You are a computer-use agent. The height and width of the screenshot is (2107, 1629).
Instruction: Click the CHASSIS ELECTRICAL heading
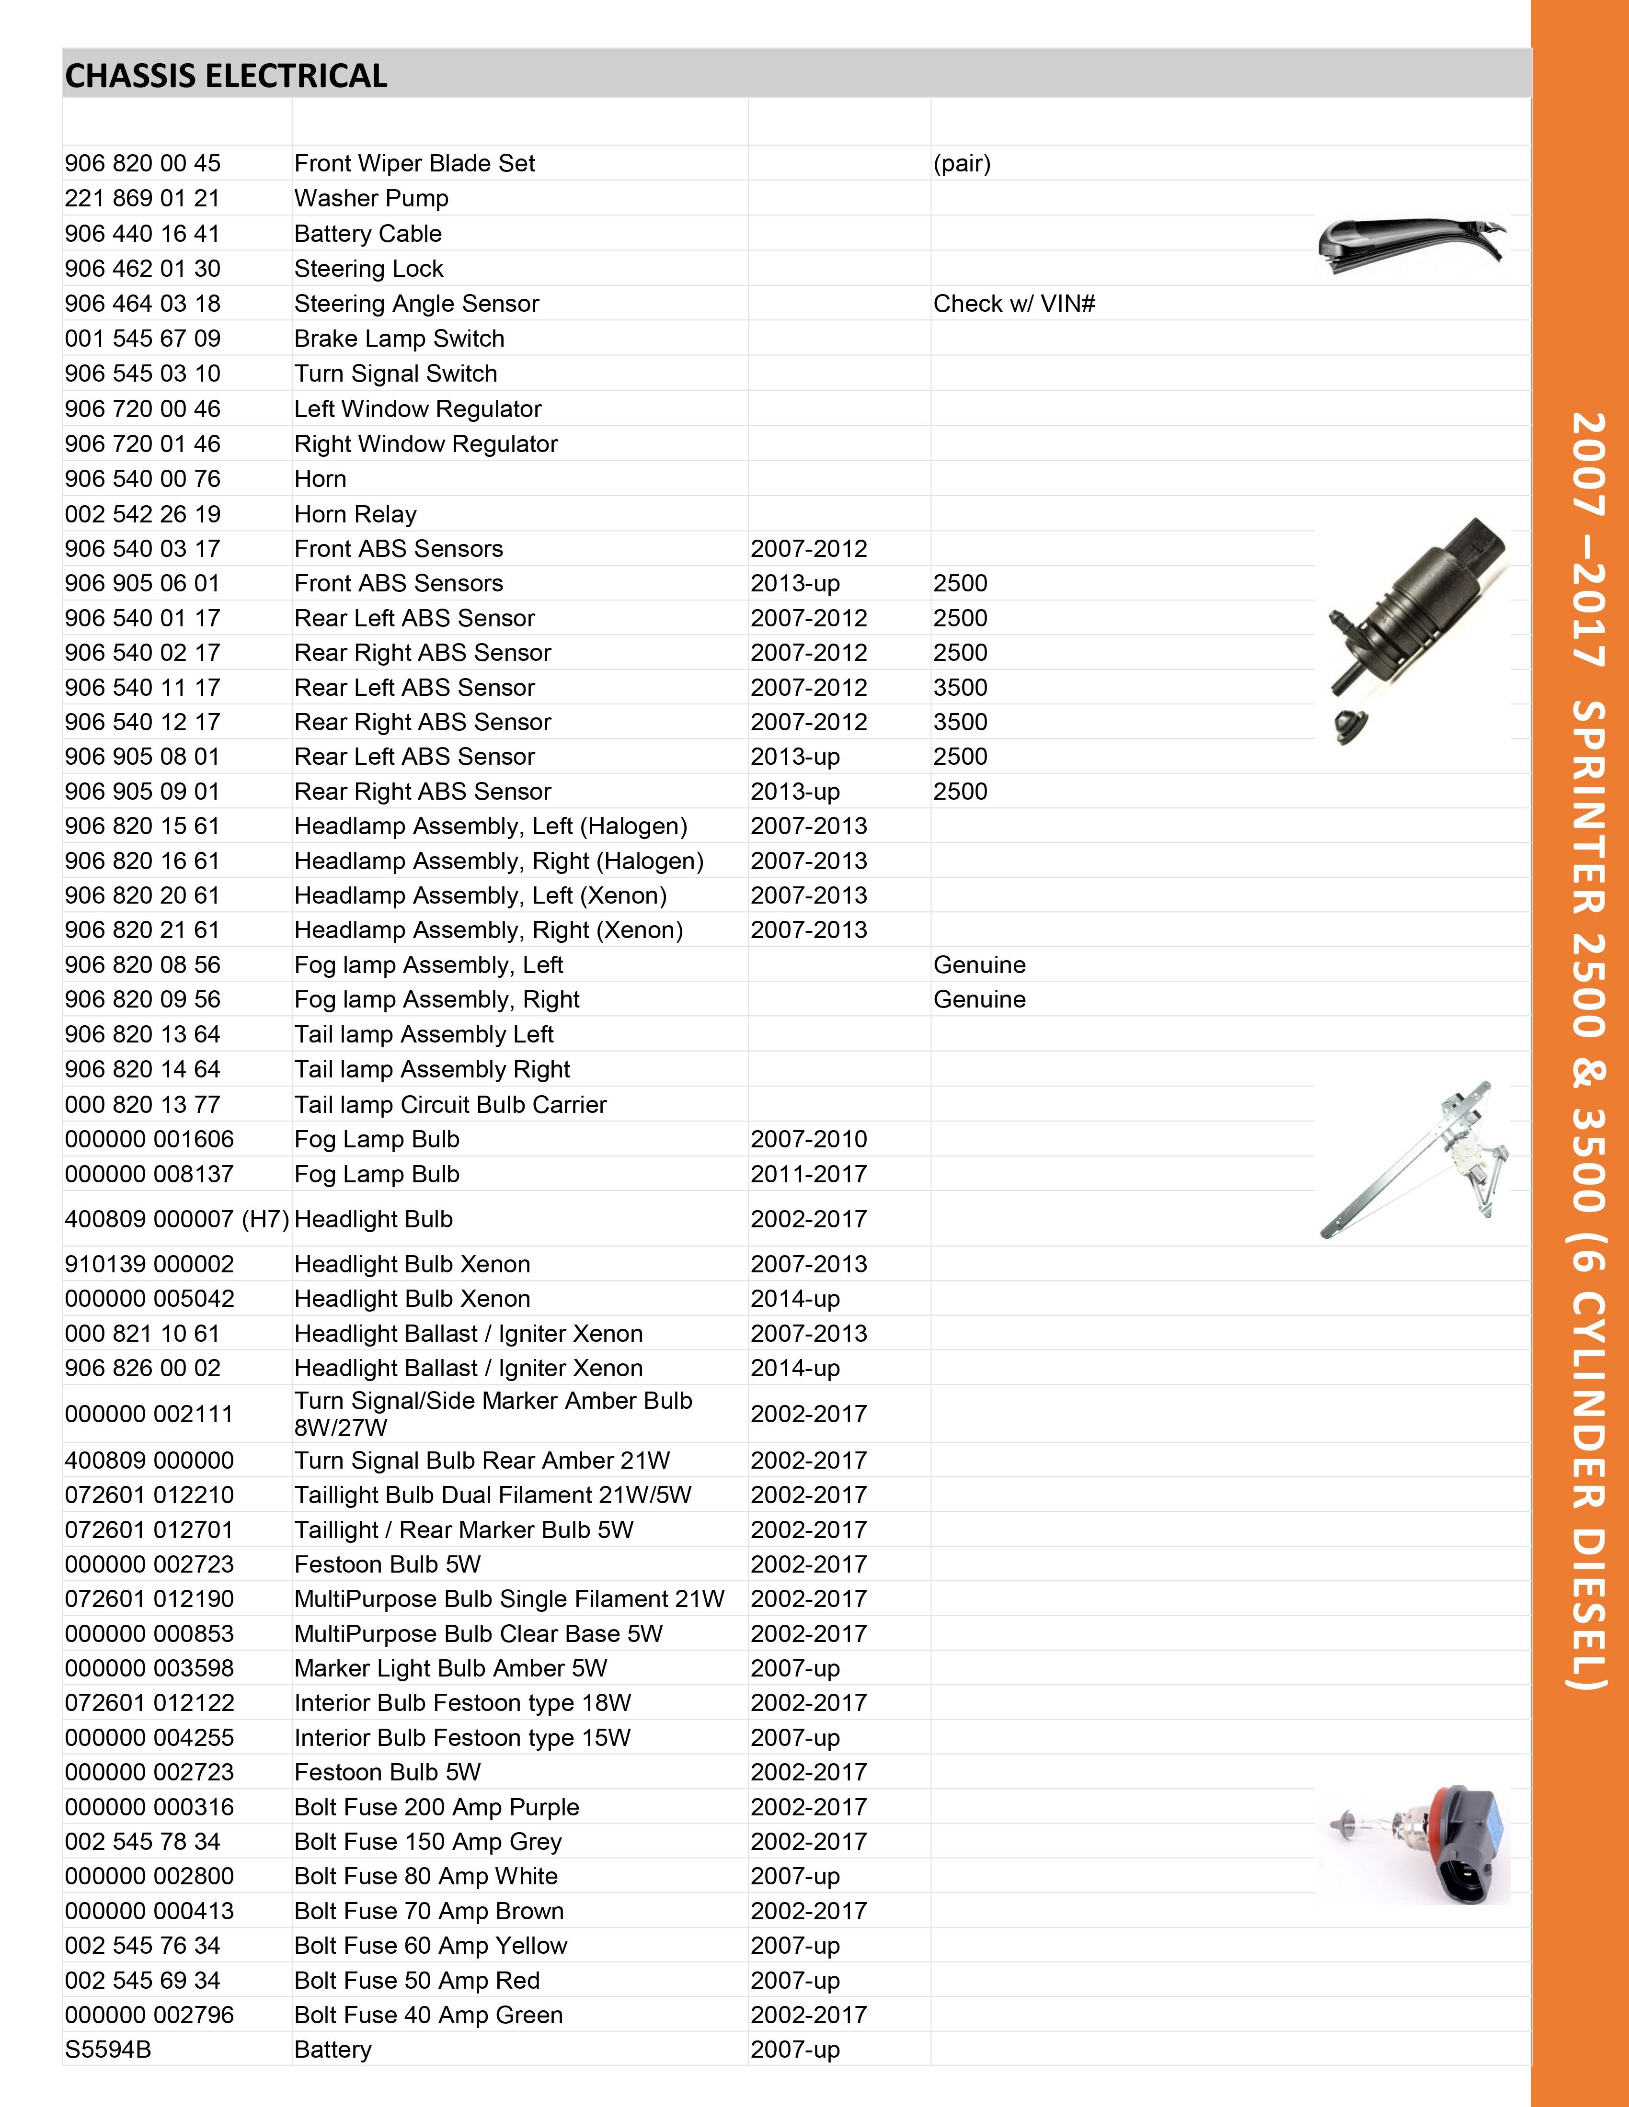226,75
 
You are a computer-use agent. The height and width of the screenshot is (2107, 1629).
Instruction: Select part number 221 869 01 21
142,199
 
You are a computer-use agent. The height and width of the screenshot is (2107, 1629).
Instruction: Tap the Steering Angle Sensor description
416,304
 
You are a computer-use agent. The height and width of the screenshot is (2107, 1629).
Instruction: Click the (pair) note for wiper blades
961,164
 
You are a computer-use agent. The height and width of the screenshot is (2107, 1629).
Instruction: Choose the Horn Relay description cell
355,514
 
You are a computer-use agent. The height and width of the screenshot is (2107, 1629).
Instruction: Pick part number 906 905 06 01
142,584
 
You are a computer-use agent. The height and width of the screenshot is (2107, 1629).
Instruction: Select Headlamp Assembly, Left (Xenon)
480,895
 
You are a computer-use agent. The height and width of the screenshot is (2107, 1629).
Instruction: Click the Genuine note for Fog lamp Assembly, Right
978,999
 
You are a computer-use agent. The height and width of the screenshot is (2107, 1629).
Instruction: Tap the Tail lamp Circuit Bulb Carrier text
450,1105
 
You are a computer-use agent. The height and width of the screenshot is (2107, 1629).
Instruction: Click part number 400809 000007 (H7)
177,1220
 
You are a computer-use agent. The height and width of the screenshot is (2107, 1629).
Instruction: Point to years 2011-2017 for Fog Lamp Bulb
809,1174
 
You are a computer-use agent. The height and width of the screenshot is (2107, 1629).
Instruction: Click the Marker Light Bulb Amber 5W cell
450,1668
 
